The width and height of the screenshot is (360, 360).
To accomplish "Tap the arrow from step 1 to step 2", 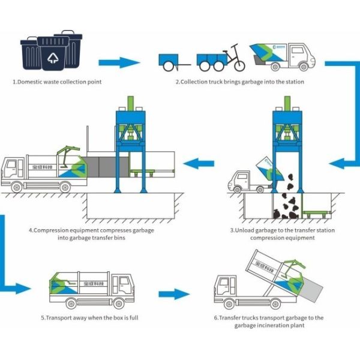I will click(118, 62).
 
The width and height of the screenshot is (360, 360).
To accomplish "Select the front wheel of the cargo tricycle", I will click(238, 62).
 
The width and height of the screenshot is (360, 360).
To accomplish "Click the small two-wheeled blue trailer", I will click(170, 60).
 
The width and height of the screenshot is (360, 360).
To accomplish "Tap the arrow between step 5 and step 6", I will click(173, 294).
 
